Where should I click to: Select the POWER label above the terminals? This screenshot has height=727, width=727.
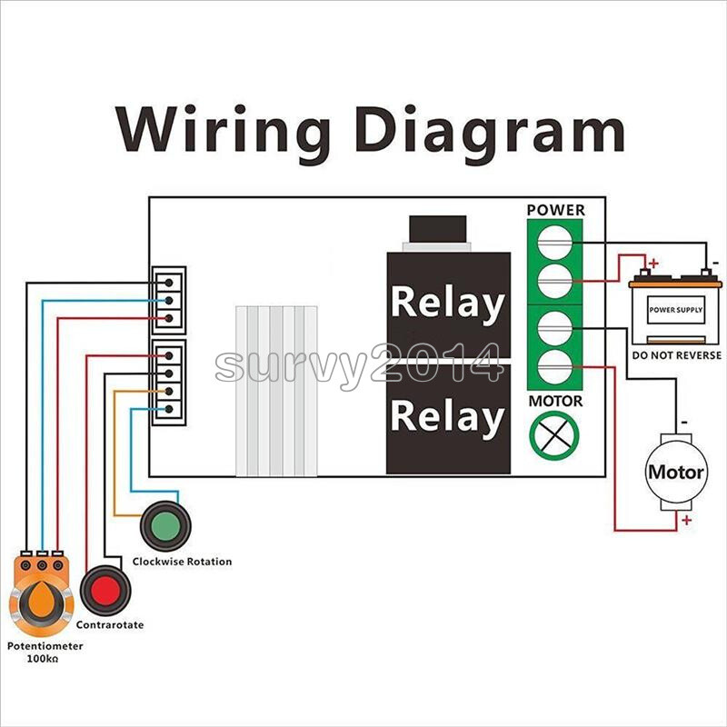tap(556, 210)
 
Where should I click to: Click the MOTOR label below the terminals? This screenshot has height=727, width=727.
tap(555, 401)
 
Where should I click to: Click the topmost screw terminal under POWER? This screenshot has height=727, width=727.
tap(555, 242)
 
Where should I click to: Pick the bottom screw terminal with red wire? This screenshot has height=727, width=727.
tap(555, 368)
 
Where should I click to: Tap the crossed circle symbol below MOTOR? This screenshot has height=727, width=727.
tap(555, 434)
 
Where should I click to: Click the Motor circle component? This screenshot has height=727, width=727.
tap(675, 473)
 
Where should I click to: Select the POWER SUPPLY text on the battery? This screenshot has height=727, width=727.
tap(675, 310)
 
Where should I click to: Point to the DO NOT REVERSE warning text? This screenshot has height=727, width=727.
tap(675, 355)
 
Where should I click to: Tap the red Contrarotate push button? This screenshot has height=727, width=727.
tap(105, 591)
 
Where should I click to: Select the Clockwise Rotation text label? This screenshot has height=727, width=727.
tap(182, 562)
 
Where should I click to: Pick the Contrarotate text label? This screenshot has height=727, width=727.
tap(109, 625)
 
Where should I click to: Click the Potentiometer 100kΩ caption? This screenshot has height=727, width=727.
tap(45, 651)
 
